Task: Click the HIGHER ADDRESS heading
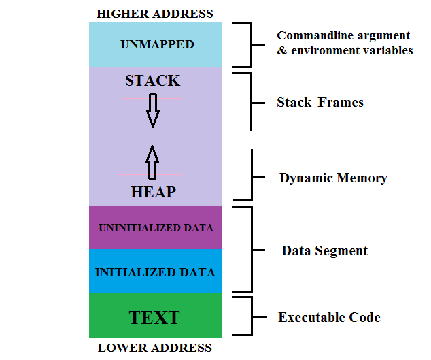(155, 14)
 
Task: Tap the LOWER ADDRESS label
(155, 348)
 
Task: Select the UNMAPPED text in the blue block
(157, 45)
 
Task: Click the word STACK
(153, 81)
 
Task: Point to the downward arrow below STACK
(153, 110)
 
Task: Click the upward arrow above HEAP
(153, 161)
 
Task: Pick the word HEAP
(153, 193)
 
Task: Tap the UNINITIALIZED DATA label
(156, 227)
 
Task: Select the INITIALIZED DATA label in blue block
(155, 272)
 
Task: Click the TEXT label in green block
(154, 317)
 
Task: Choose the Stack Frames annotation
(320, 103)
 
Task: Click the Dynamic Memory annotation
(333, 178)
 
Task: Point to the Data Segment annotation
(324, 250)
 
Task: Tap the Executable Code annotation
(329, 318)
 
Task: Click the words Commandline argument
(343, 35)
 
